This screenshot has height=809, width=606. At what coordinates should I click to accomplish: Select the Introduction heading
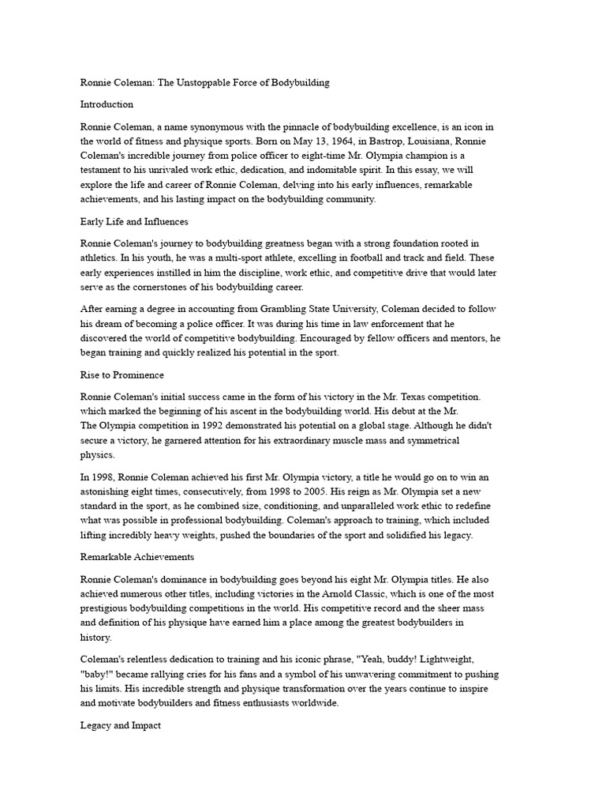107,104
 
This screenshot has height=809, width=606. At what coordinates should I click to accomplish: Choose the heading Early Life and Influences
134,221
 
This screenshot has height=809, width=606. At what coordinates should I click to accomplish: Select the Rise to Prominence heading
122,374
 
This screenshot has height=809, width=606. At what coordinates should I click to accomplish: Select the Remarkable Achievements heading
137,557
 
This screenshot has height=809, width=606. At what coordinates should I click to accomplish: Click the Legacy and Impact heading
121,725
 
